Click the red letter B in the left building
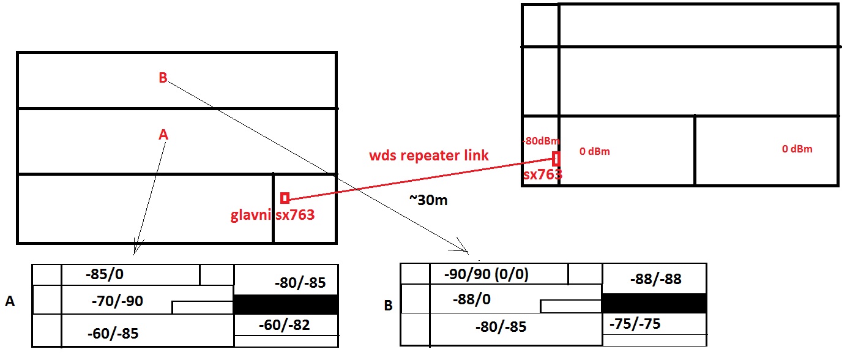pyautogui.click(x=163, y=78)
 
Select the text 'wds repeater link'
pyautogui.click(x=429, y=155)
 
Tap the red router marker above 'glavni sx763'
pyautogui.click(x=285, y=198)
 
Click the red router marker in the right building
pyautogui.click(x=556, y=159)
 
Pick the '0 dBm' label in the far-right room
pyautogui.click(x=797, y=149)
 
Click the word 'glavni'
pyautogui.click(x=250, y=215)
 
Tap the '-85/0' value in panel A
pyautogui.click(x=105, y=274)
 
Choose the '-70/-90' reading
pyautogui.click(x=116, y=301)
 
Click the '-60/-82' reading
pyautogui.click(x=283, y=325)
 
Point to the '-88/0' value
pyautogui.click(x=471, y=299)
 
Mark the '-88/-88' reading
pyautogui.click(x=655, y=279)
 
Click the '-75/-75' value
pyautogui.click(x=635, y=324)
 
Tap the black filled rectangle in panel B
pyautogui.click(x=654, y=303)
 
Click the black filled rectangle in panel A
pyautogui.click(x=286, y=304)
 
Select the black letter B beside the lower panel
pyautogui.click(x=388, y=305)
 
